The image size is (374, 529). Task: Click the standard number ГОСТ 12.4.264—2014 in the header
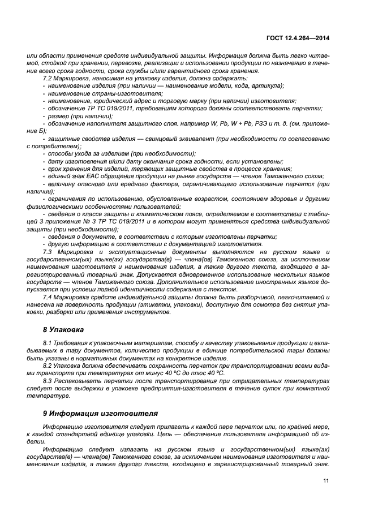pyautogui.click(x=299, y=38)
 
